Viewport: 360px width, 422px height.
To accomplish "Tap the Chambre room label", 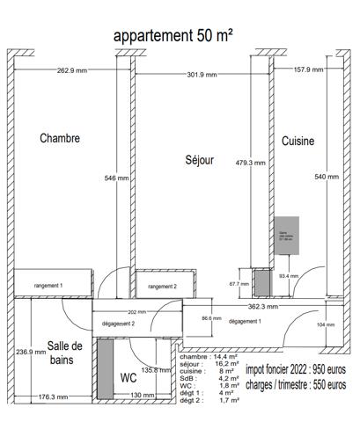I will pos(60,138).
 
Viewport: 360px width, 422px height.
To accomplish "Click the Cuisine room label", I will pos(298,141).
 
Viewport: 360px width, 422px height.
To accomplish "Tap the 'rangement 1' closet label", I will pos(48,286).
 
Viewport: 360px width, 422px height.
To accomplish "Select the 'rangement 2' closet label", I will pos(162,287).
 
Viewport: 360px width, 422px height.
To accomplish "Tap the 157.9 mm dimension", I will pos(308,69).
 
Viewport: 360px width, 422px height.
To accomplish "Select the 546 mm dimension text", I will pos(116,178).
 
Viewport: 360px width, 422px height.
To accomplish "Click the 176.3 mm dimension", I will pos(53,397).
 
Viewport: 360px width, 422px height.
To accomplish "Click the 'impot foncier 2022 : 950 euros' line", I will pos(295,370).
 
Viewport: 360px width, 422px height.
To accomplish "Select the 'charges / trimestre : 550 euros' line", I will pos(295,384).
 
